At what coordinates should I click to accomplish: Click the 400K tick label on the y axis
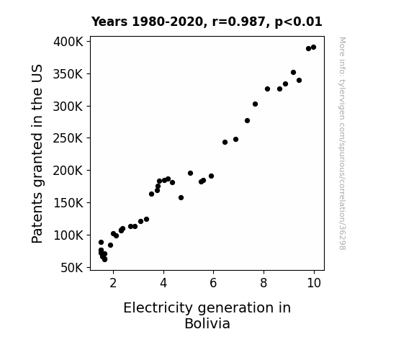pyautogui.click(x=68, y=42)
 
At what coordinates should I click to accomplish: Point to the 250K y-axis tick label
pyautogui.click(x=68, y=138)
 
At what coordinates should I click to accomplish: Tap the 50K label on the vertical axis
pyautogui.click(x=72, y=268)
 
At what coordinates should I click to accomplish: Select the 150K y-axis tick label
pyautogui.click(x=68, y=203)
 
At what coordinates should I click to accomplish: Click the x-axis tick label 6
pyautogui.click(x=213, y=283)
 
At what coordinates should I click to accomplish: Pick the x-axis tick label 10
pyautogui.click(x=314, y=283)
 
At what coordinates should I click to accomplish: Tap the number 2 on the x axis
pyautogui.click(x=113, y=283)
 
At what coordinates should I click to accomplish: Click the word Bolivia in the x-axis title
pyautogui.click(x=207, y=323)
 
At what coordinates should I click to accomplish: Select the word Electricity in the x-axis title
pyautogui.click(x=158, y=308)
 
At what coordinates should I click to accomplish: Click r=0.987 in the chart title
pyautogui.click(x=238, y=22)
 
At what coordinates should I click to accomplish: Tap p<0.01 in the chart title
pyautogui.click(x=298, y=22)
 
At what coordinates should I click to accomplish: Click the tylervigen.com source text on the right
pyautogui.click(x=343, y=143)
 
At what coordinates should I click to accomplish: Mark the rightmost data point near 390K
pyautogui.click(x=313, y=48)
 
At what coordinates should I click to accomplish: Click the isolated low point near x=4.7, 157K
pyautogui.click(x=181, y=197)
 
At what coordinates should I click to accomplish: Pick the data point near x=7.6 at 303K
pyautogui.click(x=255, y=104)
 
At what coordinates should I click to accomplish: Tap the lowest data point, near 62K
pyautogui.click(x=104, y=259)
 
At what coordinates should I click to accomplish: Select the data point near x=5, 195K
pyautogui.click(x=190, y=174)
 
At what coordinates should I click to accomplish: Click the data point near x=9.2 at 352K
pyautogui.click(x=293, y=73)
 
